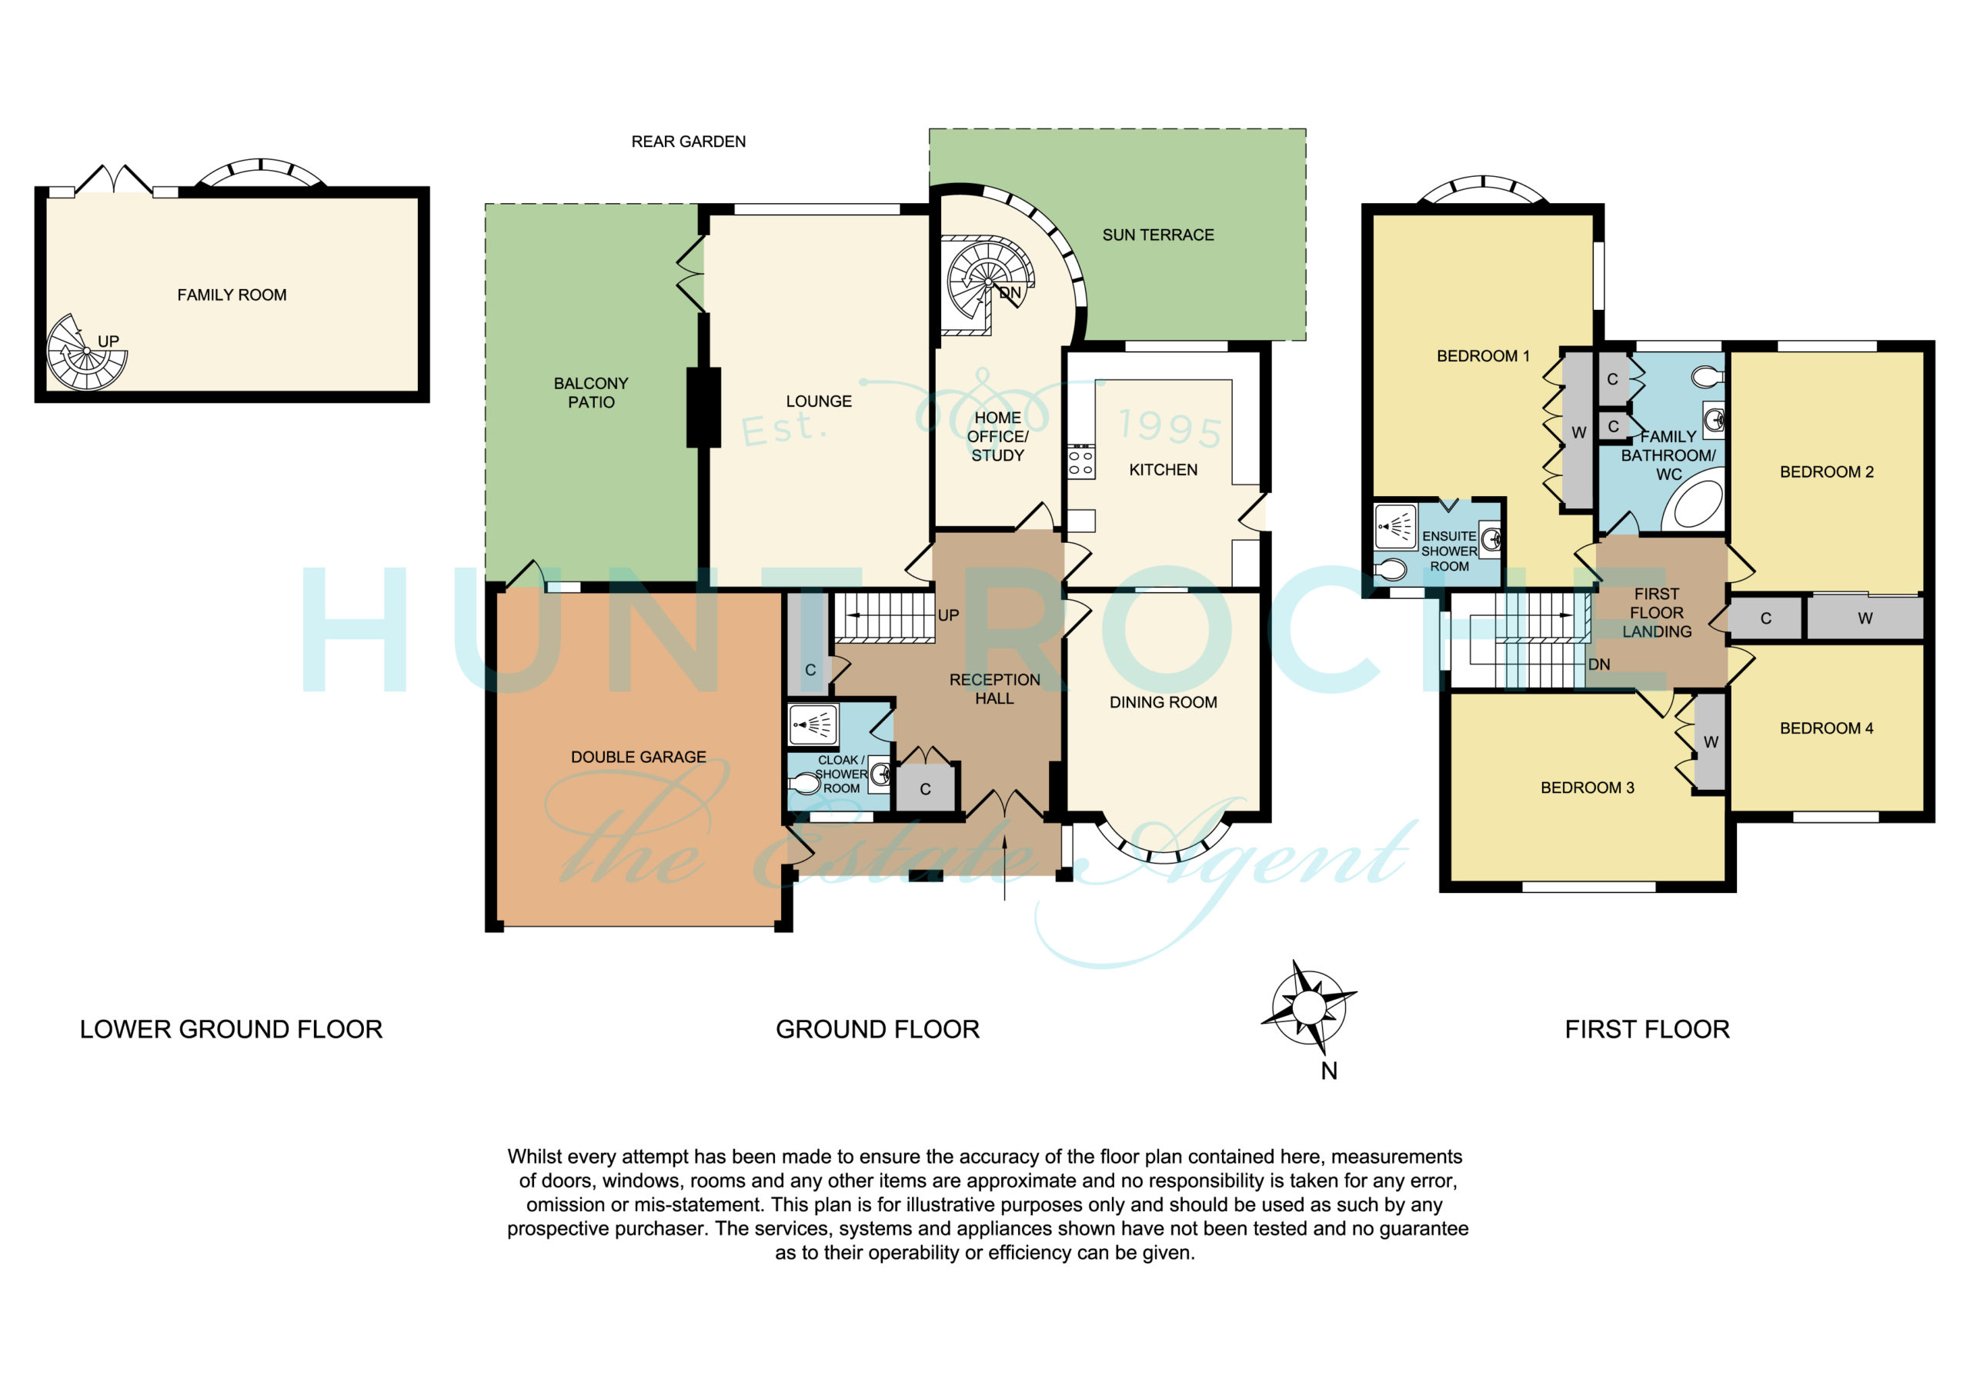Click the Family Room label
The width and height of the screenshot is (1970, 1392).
232,295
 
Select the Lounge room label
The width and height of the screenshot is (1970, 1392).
819,401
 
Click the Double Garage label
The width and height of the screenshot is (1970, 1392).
639,758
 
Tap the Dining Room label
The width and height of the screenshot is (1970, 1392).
1163,702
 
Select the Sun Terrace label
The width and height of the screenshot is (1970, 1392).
1157,235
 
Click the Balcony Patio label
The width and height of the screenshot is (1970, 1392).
591,393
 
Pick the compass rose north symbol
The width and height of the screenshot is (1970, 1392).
1308,1006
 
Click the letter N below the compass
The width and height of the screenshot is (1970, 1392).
1329,1071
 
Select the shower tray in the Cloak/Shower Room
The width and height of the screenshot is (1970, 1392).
813,724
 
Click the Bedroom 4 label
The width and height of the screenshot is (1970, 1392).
1827,728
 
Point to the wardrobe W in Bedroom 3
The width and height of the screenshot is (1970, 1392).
1710,742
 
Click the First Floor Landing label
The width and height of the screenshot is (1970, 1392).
1656,613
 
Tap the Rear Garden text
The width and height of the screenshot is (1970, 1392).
688,142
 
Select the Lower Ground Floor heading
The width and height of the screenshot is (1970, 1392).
231,1029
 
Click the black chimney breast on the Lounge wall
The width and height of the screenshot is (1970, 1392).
703,408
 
